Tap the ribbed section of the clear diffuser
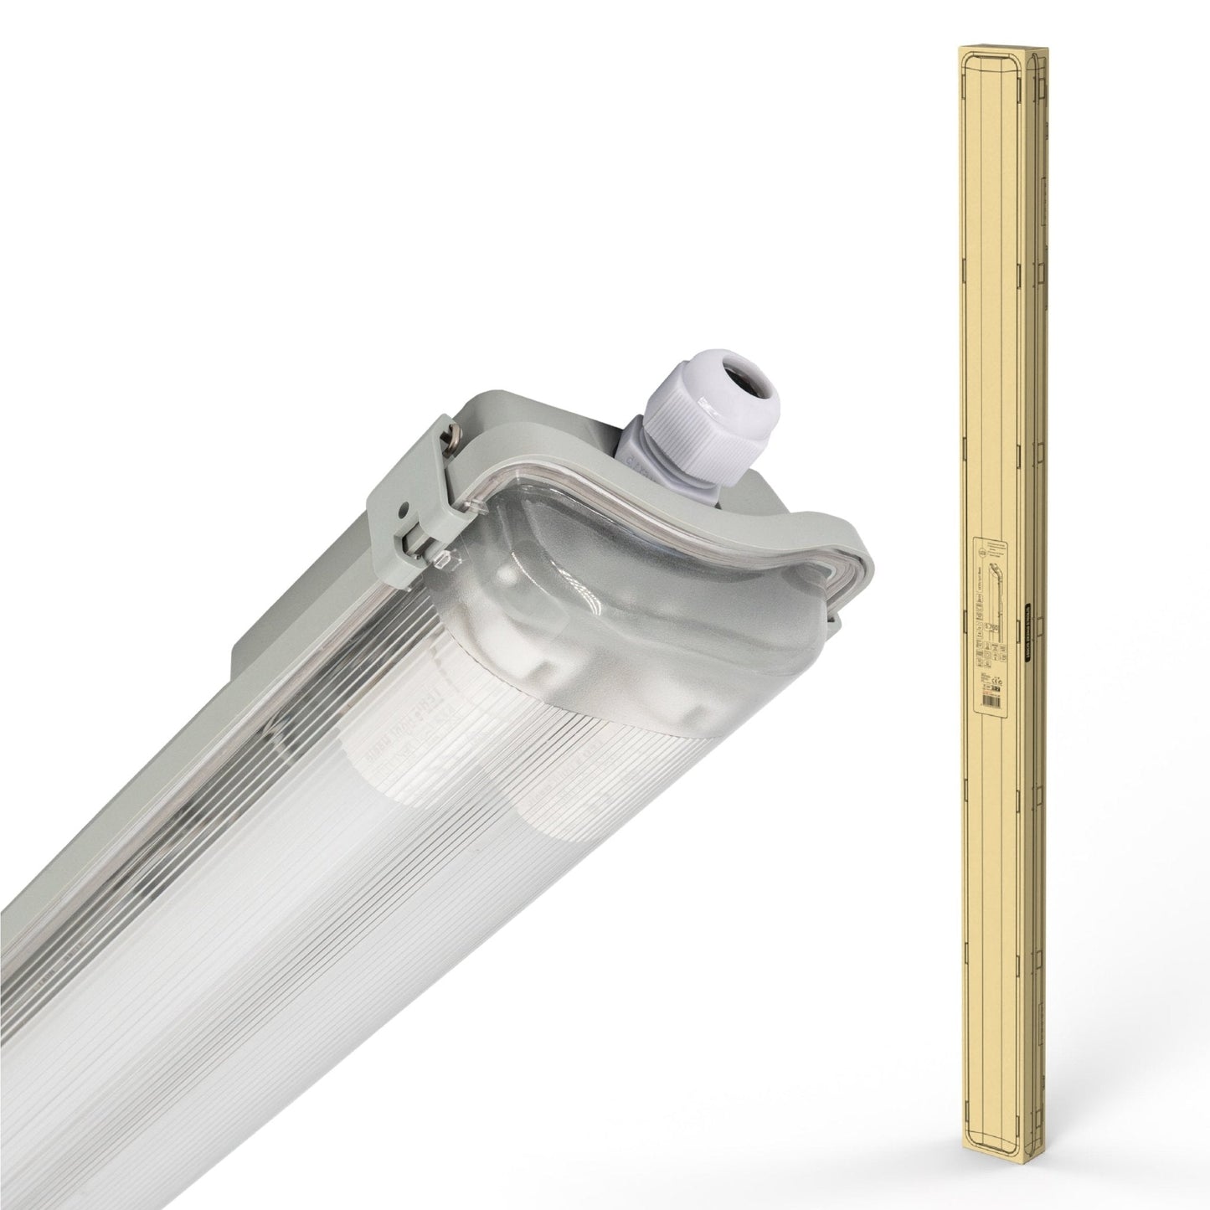(x=251, y=921)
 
